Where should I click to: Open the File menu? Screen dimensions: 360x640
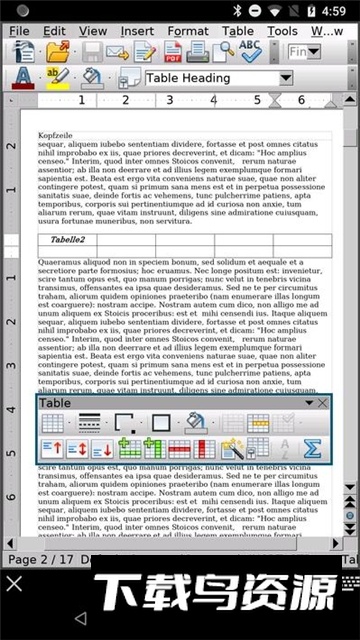pos(19,31)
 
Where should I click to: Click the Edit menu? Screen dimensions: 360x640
pos(54,31)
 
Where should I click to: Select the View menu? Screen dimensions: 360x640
pos(92,31)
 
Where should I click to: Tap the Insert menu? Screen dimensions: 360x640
pos(137,31)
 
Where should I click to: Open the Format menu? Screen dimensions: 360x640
pos(188,31)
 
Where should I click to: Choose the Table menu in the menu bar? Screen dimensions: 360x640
pos(238,31)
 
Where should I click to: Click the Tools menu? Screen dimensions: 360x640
pos(282,31)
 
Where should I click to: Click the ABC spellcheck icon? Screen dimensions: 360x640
pos(250,52)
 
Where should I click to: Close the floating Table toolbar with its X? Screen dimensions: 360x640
pos(322,403)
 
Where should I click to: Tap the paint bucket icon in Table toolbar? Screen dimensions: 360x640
pos(196,423)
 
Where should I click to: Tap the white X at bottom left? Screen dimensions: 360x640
pos(14,582)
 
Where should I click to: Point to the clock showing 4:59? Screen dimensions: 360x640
pos(334,10)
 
